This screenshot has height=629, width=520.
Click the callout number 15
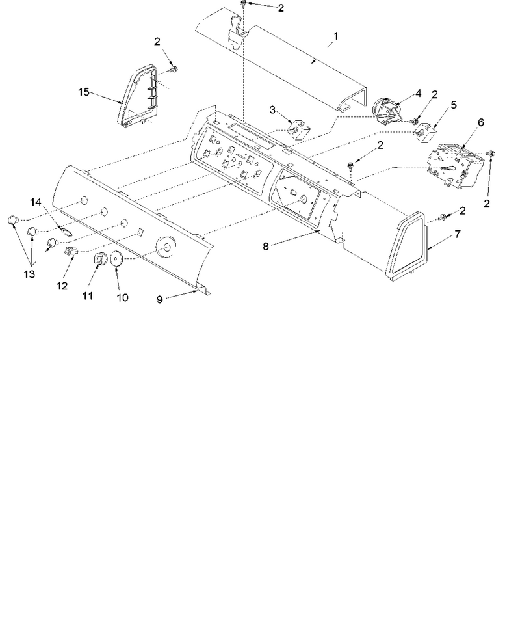[x=83, y=92]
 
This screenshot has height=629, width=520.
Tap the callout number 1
[x=335, y=36]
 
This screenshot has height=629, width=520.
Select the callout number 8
[x=266, y=247]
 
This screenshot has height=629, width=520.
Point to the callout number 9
[x=159, y=300]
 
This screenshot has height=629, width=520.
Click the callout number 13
[x=29, y=274]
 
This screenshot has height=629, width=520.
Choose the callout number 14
[x=36, y=202]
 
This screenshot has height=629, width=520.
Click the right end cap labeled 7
[x=406, y=246]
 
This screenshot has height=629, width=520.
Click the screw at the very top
[x=243, y=5]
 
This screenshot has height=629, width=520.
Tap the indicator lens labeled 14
[x=65, y=231]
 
